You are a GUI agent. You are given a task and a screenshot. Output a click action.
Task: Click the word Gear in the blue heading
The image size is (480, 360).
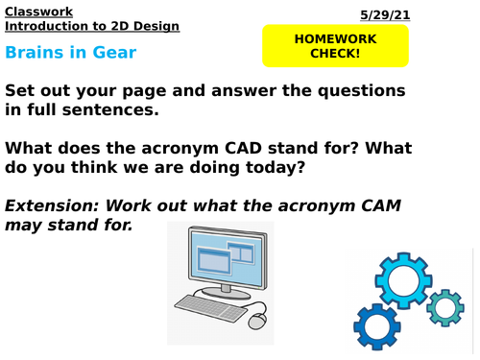pos(114,52)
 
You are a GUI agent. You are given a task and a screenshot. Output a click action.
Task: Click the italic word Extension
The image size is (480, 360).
pos(49,204)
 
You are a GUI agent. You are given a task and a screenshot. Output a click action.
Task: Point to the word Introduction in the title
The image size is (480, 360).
pos(44,25)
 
